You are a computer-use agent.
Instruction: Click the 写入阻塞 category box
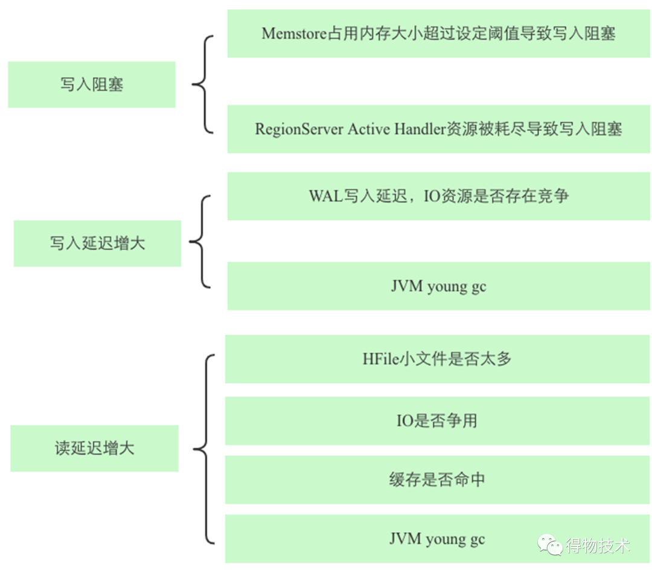[x=91, y=84]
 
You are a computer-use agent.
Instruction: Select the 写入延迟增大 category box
[x=97, y=243]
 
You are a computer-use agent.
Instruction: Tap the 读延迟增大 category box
[x=94, y=448]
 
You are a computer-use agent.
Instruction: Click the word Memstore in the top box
[x=294, y=33]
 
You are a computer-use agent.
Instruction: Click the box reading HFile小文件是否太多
[x=438, y=359]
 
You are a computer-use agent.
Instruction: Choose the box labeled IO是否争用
[x=438, y=421]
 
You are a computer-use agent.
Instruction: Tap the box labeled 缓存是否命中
[x=438, y=480]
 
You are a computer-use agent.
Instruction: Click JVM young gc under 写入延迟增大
[x=438, y=286]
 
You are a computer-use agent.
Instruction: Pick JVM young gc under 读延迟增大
[x=437, y=539]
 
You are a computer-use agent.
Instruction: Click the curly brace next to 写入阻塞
[x=203, y=84]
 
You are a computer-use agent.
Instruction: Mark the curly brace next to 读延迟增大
[x=203, y=449]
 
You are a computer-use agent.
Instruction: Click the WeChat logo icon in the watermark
[x=550, y=545]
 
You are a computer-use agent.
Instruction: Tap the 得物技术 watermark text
[x=598, y=546]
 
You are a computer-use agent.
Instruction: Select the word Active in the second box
[x=369, y=129]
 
